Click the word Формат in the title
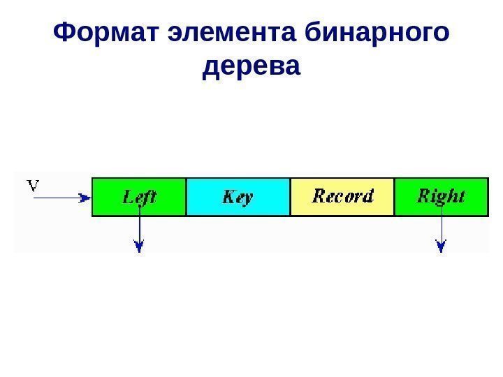(x=107, y=33)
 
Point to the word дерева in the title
(x=251, y=68)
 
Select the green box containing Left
(x=139, y=196)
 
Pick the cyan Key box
(x=238, y=196)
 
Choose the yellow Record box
(x=342, y=196)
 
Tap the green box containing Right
(x=441, y=196)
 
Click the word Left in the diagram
(x=140, y=197)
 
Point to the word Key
(x=238, y=198)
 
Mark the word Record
(x=342, y=196)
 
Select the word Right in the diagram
(x=441, y=196)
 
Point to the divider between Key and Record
(x=290, y=196)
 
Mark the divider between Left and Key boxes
(x=187, y=196)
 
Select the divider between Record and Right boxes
(x=395, y=196)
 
